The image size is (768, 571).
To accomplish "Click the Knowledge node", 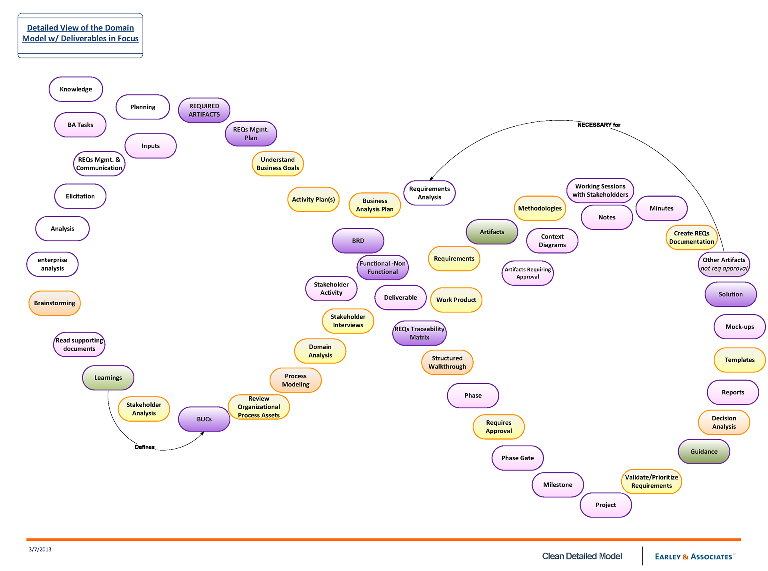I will (76, 89).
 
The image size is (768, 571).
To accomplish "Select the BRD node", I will (358, 241).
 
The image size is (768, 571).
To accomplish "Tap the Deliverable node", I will (400, 297).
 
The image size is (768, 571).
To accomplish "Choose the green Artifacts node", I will (492, 232).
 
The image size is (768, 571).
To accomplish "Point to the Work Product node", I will (456, 300).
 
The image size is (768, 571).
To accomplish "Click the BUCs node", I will (204, 419).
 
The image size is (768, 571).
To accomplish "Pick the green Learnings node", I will (108, 378).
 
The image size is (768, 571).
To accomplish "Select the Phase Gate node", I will (518, 458).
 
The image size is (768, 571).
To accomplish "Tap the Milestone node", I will (558, 485).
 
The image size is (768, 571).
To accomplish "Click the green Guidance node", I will (704, 452).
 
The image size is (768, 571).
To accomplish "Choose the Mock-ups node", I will (740, 326).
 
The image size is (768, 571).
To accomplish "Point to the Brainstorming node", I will (54, 303).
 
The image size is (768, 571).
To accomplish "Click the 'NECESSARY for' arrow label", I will (599, 125).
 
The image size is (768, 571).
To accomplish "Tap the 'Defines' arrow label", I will (144, 447).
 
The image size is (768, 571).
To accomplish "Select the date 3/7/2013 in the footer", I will (40, 549).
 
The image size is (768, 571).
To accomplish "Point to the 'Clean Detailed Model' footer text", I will (582, 556).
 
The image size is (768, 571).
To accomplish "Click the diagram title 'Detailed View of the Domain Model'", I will (80, 33).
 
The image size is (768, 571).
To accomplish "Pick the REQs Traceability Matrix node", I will (419, 333).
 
